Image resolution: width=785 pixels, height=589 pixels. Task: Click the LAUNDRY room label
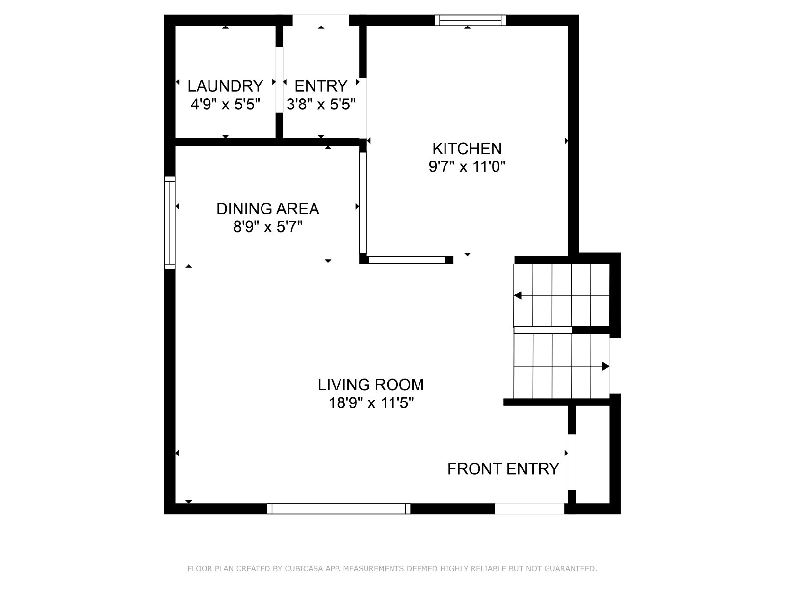[225, 86]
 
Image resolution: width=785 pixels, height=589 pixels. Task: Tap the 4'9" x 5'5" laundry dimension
[225, 105]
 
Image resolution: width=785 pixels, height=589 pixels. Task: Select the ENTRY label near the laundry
[321, 86]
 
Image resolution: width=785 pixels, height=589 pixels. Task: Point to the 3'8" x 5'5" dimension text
[321, 105]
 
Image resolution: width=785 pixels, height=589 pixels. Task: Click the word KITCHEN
[467, 148]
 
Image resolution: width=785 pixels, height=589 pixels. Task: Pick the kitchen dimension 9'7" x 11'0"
[467, 167]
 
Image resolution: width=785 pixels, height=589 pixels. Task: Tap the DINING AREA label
[268, 209]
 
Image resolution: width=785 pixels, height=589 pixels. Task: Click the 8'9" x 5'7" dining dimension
[268, 227]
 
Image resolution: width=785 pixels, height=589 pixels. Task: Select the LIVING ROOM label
[371, 385]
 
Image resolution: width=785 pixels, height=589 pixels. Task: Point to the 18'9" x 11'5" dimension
[371, 403]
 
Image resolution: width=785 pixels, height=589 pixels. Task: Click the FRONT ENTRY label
[503, 469]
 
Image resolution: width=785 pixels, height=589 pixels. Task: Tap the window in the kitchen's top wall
[471, 20]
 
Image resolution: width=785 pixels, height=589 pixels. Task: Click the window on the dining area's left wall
[170, 222]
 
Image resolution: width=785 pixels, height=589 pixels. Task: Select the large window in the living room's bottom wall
[339, 509]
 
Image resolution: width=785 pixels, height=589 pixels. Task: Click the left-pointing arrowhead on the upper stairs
[518, 296]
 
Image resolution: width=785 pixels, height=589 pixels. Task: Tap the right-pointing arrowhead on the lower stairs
[606, 366]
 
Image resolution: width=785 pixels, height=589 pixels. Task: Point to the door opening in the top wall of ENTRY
[321, 20]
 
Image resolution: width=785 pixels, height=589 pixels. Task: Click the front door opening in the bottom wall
[530, 509]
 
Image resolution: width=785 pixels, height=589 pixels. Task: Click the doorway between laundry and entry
[279, 80]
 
